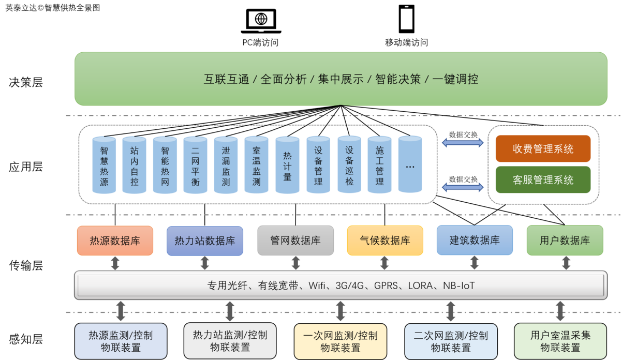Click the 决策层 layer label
26,82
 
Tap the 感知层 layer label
26,339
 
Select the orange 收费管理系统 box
543,149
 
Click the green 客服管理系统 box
543,180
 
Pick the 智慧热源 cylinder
104,165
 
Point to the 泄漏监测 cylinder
226,165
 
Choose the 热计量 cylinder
287,165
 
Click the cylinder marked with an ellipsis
410,165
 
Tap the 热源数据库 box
115,241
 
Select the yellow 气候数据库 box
385,241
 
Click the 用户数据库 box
565,241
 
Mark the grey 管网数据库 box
295,241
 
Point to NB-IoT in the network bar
459,286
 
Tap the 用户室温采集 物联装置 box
560,341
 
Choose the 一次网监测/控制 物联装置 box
340,341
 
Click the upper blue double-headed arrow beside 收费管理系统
463,143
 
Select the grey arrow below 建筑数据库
475,263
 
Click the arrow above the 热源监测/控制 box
121,312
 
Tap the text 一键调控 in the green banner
455,79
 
